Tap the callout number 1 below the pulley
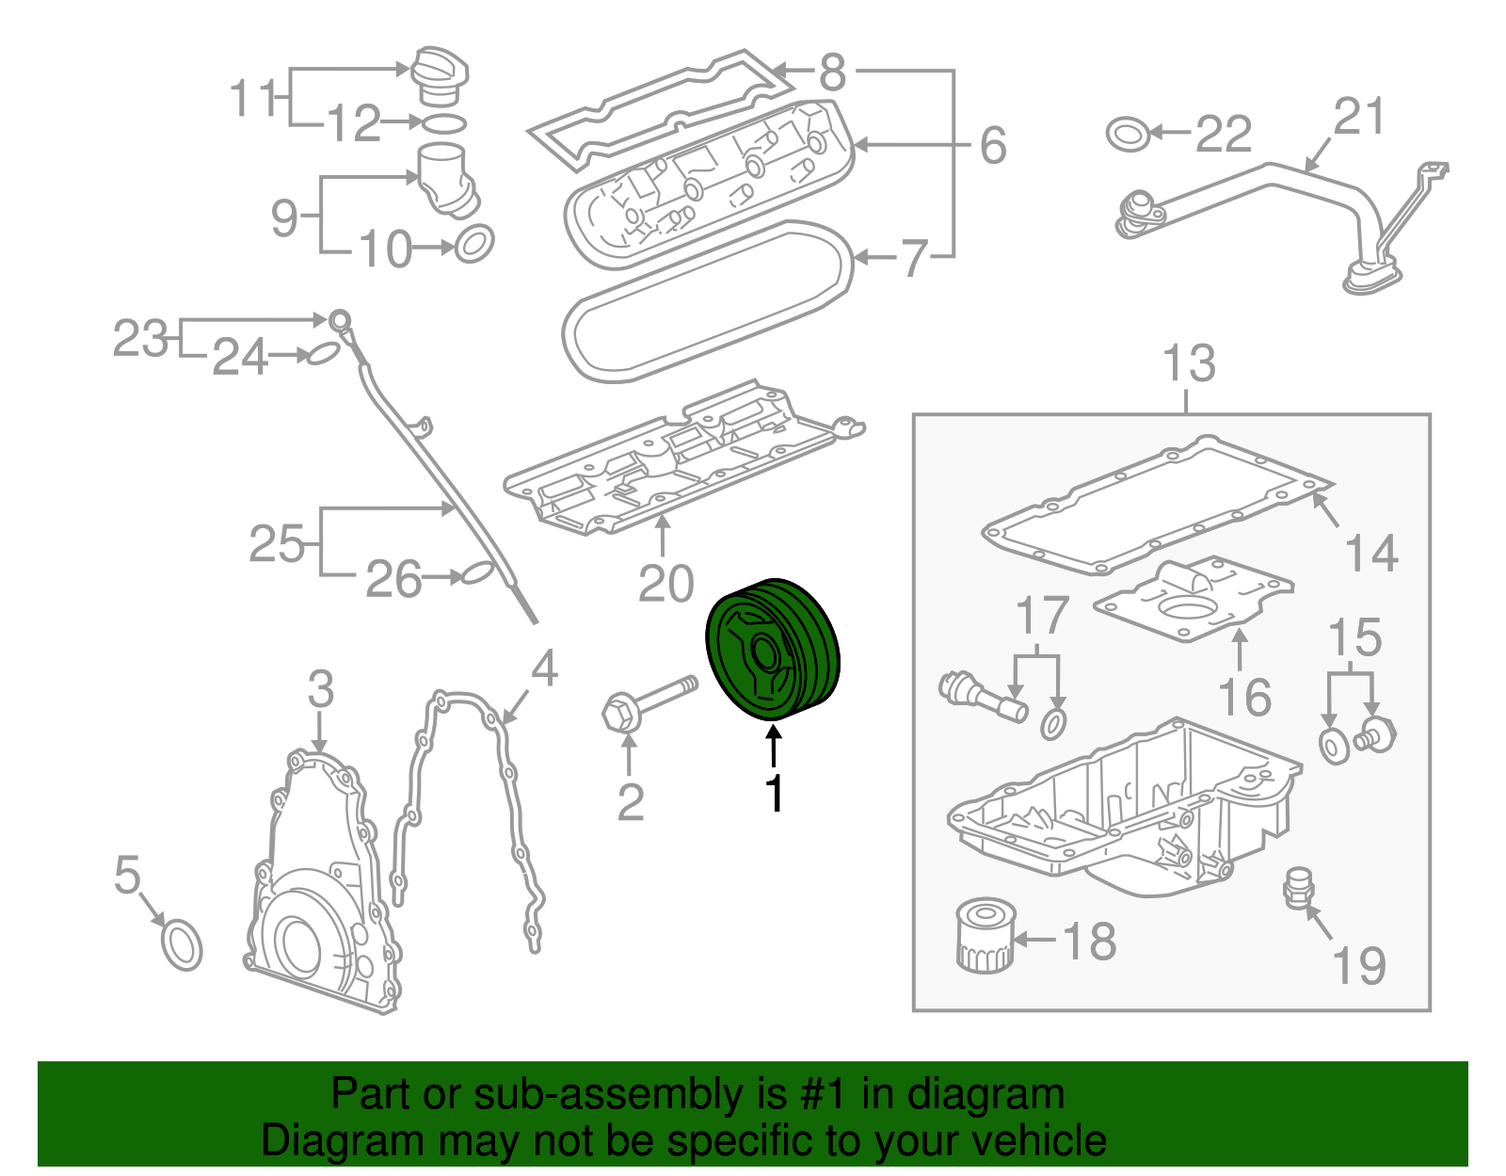point(774,794)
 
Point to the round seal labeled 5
point(182,945)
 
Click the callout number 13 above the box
point(1189,363)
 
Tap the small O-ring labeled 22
point(1128,134)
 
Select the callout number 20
point(665,584)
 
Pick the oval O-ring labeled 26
point(476,573)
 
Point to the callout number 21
point(1359,117)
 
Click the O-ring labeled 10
point(474,244)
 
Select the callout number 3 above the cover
point(320,689)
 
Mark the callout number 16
point(1243,698)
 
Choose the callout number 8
point(832,72)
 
